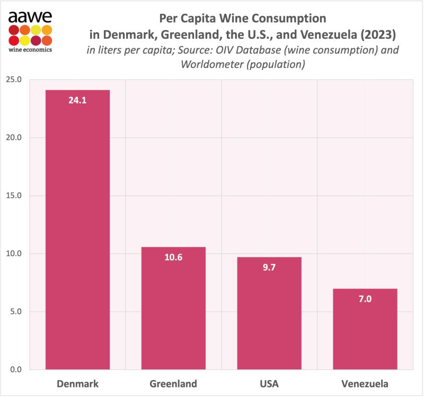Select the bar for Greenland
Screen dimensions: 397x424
[x=173, y=308]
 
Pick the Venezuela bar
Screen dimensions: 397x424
[x=365, y=329]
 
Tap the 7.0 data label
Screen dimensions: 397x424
[x=365, y=298]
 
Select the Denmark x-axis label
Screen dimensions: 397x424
[x=77, y=383]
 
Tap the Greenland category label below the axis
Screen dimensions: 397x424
[x=173, y=383]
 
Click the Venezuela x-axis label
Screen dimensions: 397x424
[x=365, y=383]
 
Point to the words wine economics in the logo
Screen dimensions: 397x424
[x=30, y=50]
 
